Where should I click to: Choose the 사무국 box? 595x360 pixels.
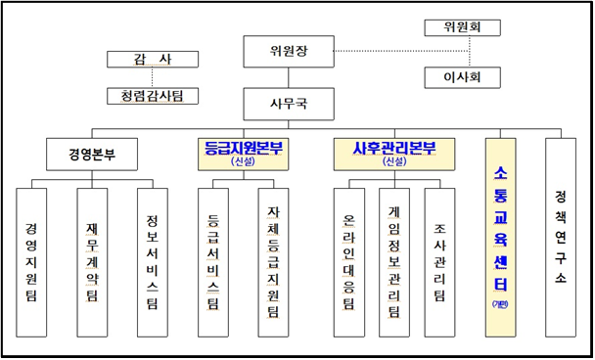coord(288,103)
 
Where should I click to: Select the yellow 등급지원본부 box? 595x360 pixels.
coord(243,154)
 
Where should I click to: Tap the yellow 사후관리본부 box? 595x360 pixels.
coord(393,154)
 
